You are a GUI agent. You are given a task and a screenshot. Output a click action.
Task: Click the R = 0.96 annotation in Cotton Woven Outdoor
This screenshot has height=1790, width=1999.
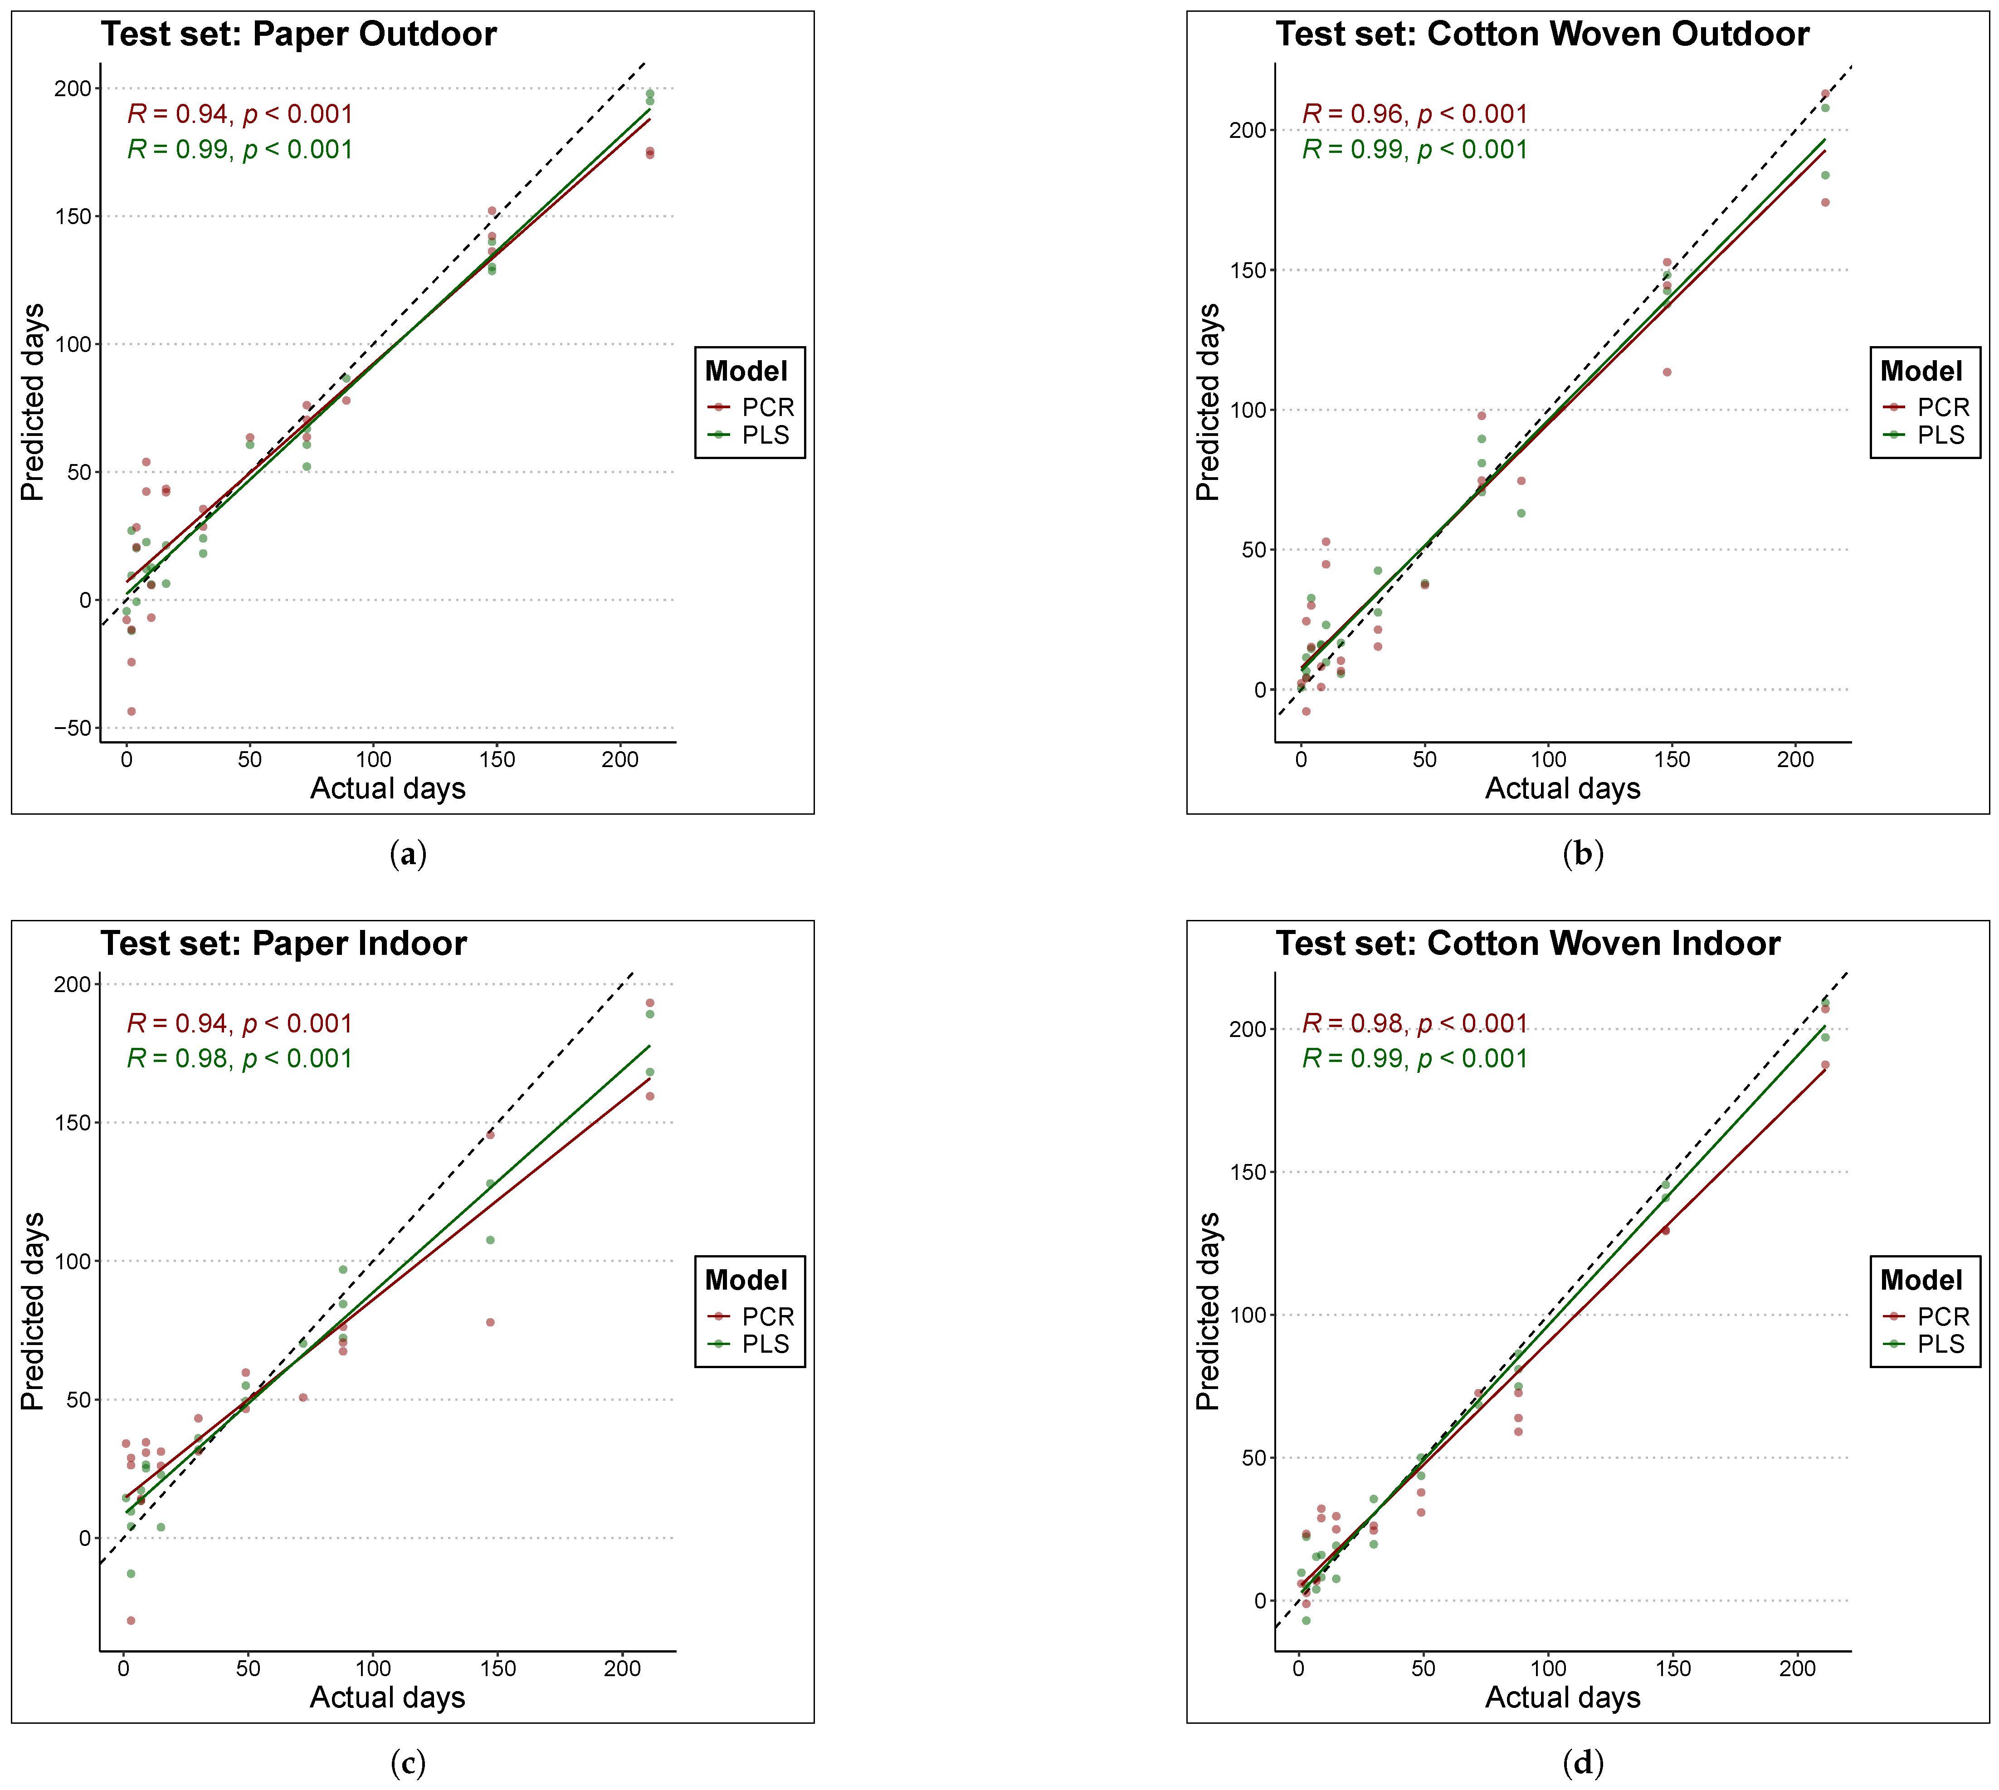[x=1414, y=114]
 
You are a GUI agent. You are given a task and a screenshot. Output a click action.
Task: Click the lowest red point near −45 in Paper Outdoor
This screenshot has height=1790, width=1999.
[x=131, y=711]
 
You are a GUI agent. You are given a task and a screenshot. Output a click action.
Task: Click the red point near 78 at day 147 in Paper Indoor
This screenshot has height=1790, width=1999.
[x=490, y=1322]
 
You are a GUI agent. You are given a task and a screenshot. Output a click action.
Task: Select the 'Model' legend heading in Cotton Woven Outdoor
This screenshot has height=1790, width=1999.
[x=1921, y=372]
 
